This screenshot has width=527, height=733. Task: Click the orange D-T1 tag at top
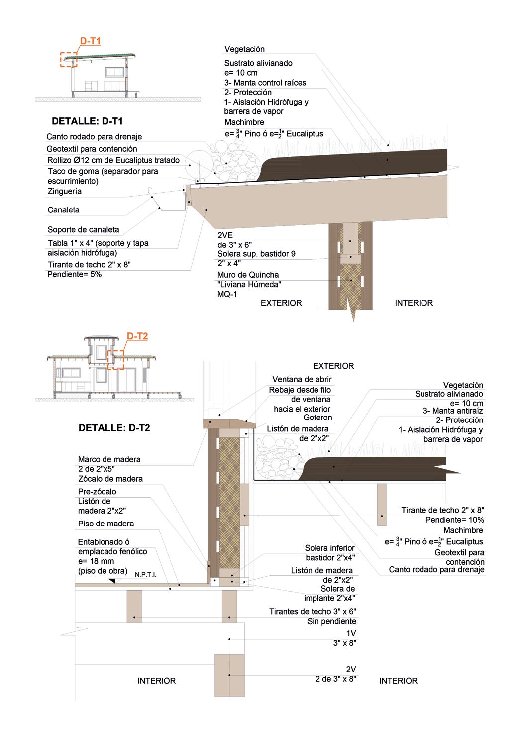tap(90, 41)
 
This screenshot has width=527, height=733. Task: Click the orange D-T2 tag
tap(137, 337)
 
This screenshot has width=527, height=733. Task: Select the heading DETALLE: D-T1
tap(87, 121)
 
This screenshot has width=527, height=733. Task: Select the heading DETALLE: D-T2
tap(114, 427)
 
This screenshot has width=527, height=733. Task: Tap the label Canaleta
tap(63, 210)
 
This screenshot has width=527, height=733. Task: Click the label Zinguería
tap(64, 192)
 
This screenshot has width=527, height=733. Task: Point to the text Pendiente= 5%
tap(74, 274)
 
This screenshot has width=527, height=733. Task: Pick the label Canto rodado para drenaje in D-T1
tap(94, 137)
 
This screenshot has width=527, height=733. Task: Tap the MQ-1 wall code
tap(227, 294)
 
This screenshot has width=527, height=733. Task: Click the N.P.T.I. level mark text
tap(145, 575)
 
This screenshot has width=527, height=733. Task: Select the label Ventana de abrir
tap(302, 380)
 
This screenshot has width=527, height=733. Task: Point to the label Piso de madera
tap(105, 524)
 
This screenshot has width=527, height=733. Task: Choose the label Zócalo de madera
tap(110, 479)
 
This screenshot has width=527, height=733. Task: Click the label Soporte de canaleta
tap(83, 230)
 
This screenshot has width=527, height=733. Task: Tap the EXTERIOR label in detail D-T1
tap(281, 303)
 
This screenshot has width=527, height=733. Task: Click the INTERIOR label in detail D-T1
tap(414, 303)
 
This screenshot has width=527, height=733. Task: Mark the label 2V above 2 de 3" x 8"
tap(351, 669)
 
